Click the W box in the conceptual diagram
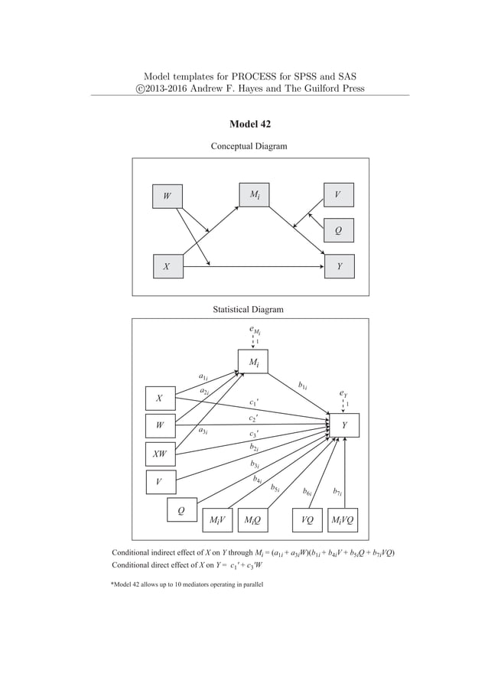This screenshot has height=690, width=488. pos(167,196)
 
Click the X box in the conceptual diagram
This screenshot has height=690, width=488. pos(167,267)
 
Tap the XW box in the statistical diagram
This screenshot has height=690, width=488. pos(161,453)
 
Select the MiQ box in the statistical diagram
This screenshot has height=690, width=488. pos(253,520)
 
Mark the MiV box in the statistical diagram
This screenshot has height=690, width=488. pos(216,520)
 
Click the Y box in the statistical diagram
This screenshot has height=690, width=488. pos(344,425)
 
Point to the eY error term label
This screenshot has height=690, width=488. pos(344,393)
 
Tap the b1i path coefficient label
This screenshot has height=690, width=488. pos(303,386)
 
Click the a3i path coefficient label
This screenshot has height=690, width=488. pos(203,431)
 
